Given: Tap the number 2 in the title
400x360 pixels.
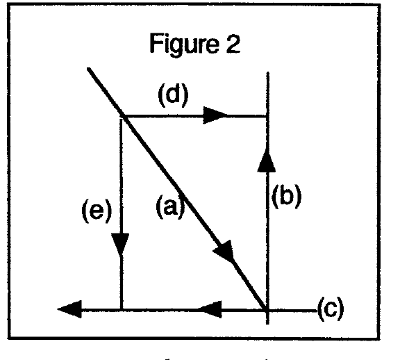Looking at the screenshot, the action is pos(233,43).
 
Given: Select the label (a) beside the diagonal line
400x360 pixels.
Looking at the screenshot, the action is pos(170,206).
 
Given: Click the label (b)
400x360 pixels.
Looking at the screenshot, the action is pos(287,196).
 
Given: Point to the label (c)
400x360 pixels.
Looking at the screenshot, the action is pos(331,309).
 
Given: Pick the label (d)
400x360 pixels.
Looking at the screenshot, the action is pos(173,95).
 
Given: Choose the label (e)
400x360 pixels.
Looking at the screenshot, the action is pos(97,211).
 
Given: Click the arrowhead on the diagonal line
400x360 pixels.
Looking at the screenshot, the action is pos(224,251).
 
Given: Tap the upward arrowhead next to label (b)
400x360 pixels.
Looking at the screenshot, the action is pos(267,161).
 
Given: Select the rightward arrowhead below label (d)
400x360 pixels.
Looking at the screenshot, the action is pos(215,115).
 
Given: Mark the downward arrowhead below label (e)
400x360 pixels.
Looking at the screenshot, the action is pos(120,245).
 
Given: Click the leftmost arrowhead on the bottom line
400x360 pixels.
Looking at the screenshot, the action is pos(69,309).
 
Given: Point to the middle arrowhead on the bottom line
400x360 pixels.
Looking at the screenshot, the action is pos(210,309).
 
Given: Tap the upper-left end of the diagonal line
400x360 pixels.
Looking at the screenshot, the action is pos(88,69).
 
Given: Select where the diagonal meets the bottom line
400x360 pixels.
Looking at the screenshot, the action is pos(267,310).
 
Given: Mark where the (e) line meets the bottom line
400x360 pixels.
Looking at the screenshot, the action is pos(122,310).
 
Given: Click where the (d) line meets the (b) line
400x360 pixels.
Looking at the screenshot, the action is pos(267,116).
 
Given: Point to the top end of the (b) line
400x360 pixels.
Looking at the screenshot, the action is pos(267,72).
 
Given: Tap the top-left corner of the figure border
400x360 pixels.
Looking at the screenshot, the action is pos(9,6).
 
